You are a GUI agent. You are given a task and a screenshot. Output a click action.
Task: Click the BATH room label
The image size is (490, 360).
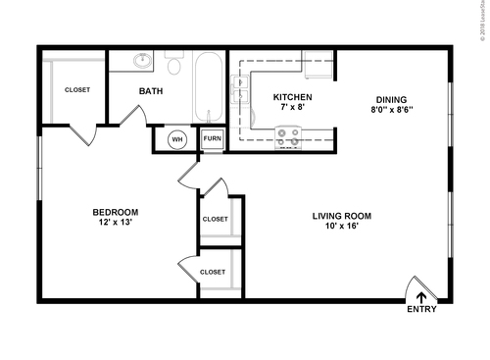coord(151,91)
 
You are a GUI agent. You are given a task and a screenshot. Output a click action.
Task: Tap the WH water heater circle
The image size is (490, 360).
coord(177,139)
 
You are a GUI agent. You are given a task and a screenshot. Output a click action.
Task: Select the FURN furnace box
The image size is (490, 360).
coord(212,139)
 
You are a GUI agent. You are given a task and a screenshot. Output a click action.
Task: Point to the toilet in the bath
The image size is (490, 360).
coord(175,65)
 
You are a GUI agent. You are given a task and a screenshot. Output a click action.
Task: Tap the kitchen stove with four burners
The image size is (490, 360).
coord(288,136)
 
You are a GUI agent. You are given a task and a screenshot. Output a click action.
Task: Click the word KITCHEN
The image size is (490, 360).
coord(292,97)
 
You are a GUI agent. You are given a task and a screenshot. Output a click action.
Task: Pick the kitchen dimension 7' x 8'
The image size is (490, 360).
coord(292,108)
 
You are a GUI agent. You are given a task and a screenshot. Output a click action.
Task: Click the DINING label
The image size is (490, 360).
coord(391,98)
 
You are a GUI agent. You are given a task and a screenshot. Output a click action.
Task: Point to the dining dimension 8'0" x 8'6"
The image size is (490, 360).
coord(391,110)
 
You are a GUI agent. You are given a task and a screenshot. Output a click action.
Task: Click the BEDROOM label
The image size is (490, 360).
coord(115,212)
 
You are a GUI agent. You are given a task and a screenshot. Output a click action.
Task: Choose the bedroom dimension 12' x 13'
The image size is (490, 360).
coord(115,224)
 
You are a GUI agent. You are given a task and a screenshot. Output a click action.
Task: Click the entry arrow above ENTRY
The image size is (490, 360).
coord(422,295)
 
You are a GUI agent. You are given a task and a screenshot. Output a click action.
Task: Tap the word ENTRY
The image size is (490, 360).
coord(422,310)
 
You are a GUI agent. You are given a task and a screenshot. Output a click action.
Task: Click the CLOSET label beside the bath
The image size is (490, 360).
coord(77,89)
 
